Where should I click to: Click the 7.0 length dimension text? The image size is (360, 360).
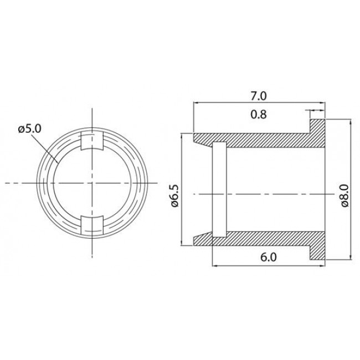point(259,96)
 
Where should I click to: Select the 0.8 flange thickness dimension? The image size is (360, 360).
point(259,116)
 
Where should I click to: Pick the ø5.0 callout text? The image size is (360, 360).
point(29,128)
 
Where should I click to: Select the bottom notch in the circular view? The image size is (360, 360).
point(92,225)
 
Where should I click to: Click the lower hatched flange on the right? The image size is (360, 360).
point(317,247)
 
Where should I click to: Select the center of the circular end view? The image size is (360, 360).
point(92,183)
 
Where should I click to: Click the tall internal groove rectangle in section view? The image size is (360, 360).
point(219,189)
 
